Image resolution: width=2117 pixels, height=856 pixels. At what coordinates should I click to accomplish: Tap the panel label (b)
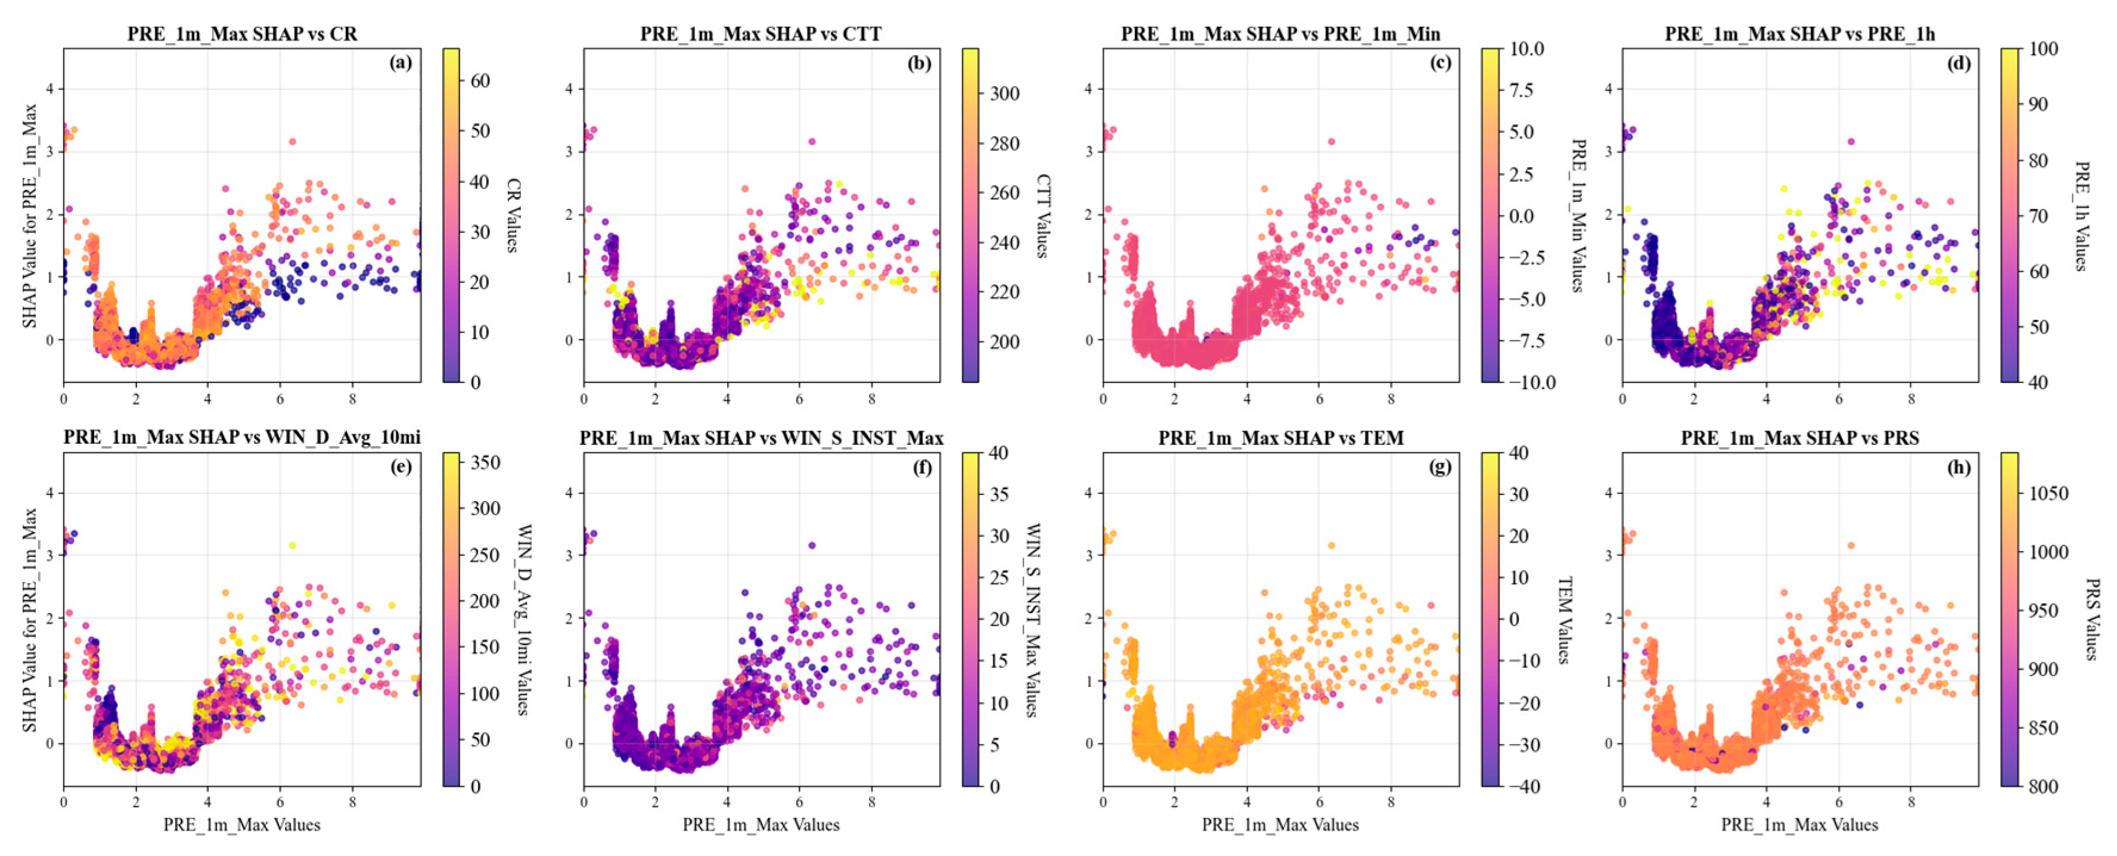[919, 63]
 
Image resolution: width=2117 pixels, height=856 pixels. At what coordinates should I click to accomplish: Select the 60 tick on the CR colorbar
[480, 80]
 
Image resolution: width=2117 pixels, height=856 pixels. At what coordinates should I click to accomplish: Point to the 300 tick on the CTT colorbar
[1004, 93]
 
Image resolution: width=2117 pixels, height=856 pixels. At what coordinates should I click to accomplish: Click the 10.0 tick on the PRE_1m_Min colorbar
[1527, 48]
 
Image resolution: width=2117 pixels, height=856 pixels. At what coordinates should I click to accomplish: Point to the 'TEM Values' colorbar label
[1563, 620]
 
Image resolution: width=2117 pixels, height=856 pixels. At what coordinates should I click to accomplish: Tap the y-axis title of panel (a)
[30, 215]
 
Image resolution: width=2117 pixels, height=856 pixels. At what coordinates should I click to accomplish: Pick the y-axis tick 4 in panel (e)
[49, 493]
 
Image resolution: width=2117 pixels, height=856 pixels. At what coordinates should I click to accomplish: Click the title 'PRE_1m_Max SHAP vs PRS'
[1800, 438]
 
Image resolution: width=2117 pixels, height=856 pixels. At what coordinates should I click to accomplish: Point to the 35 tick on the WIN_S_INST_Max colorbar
[998, 494]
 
